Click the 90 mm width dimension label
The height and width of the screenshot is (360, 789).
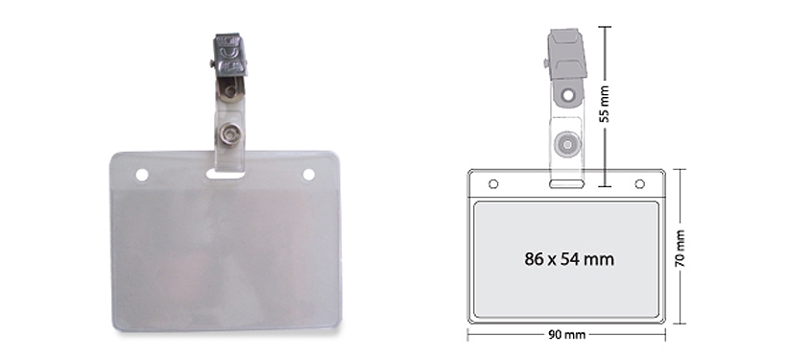[x=566, y=335]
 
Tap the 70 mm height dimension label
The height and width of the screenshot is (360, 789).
[x=680, y=249]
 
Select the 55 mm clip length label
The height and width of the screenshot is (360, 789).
[x=605, y=104]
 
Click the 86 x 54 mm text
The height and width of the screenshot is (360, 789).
[x=569, y=259]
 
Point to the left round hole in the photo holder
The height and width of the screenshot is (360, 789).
[x=142, y=176]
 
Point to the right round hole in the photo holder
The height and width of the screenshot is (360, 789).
[x=308, y=175]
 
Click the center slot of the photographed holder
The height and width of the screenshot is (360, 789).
[x=225, y=174]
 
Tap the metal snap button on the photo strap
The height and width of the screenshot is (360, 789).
[x=230, y=134]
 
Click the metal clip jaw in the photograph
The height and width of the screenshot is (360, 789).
[x=230, y=55]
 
